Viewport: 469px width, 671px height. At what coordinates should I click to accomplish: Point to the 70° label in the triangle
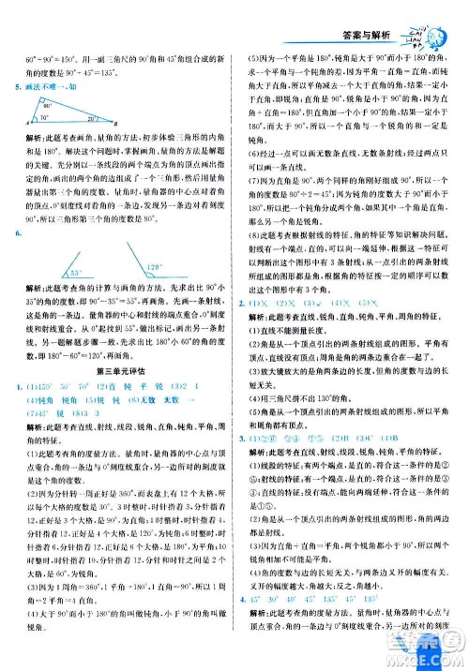pyautogui.click(x=44, y=118)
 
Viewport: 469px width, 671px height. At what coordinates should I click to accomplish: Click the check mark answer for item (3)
pyautogui.click(x=320, y=304)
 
